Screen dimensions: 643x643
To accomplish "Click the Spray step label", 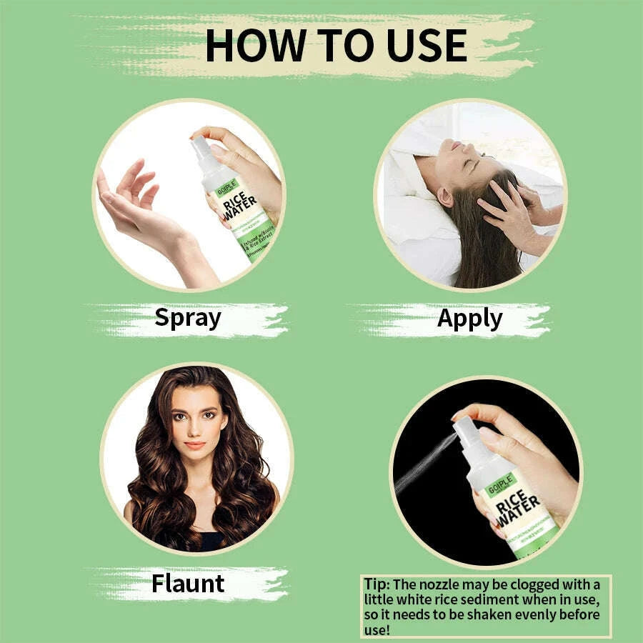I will (x=187, y=317).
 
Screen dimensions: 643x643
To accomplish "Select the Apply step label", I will (x=469, y=319).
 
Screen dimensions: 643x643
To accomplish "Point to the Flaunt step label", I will (x=187, y=583).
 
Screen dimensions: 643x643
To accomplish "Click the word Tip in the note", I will (x=377, y=584).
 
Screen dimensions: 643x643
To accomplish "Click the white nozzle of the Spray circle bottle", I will (x=199, y=151).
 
